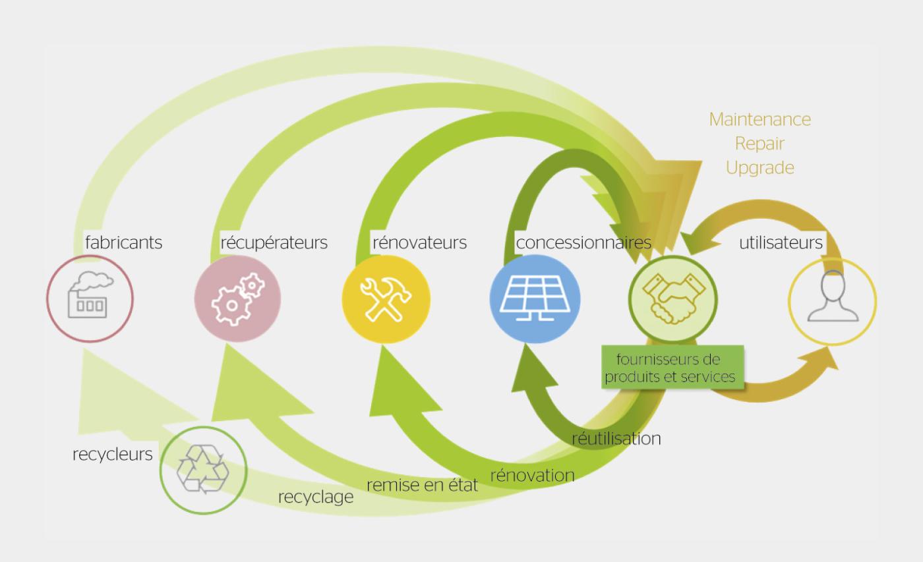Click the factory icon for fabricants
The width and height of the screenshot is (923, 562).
click(90, 298)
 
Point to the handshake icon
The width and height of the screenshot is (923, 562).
click(672, 298)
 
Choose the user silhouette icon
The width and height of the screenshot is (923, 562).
click(833, 300)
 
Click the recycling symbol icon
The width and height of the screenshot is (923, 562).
click(203, 470)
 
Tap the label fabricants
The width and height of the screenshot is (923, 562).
click(123, 242)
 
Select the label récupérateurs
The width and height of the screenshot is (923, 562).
click(274, 242)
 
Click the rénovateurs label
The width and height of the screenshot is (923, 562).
click(419, 242)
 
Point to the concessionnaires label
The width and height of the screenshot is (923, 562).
click(583, 242)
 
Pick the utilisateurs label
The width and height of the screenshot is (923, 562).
click(781, 242)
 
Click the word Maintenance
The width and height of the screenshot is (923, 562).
click(759, 120)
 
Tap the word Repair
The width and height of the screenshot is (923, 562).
click(759, 144)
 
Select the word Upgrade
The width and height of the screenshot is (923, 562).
click(759, 168)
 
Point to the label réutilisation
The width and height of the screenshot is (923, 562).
click(616, 438)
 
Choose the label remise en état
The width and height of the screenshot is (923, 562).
click(422, 486)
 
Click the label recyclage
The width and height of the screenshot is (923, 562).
click(316, 497)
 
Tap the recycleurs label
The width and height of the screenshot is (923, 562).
click(112, 454)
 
